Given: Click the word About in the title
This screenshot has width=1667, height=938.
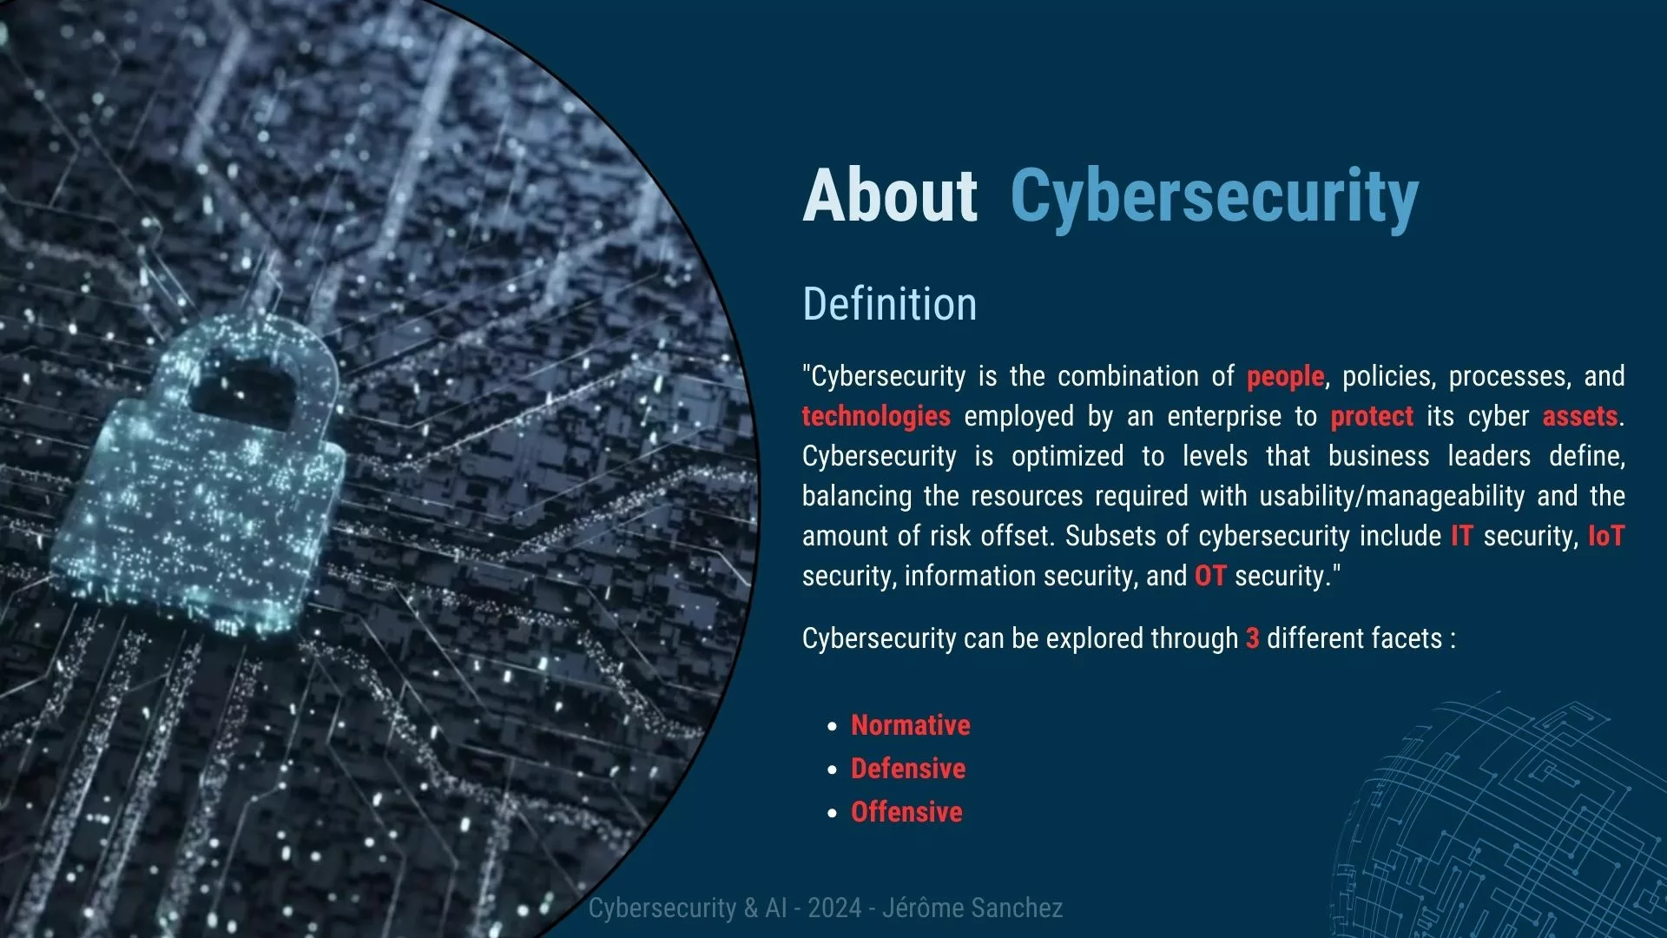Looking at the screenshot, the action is (890, 195).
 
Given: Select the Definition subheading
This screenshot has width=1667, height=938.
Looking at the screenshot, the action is (889, 304).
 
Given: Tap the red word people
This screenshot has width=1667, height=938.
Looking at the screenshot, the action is (1285, 377).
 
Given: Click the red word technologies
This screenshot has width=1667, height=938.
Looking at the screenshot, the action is (876, 417).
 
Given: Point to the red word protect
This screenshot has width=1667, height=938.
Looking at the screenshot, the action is (1372, 417).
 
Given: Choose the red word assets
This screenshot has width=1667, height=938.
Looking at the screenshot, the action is (1580, 417).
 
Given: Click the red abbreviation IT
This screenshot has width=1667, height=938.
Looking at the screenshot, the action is (1462, 536).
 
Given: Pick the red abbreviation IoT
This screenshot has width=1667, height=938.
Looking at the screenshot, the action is (1606, 536).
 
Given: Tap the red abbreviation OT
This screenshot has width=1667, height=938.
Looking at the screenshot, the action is (1210, 576).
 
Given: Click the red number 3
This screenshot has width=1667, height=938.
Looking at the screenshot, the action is (1252, 638).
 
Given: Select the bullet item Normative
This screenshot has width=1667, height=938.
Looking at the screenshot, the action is (910, 725).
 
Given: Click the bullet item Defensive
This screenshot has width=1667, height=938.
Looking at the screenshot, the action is (908, 769).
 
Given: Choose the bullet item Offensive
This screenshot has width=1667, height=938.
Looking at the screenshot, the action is (906, 812).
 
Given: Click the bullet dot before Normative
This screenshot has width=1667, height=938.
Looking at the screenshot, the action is (833, 726).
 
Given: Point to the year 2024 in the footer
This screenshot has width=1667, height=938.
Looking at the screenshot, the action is (834, 908).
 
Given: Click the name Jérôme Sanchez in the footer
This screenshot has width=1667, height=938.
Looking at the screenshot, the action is (972, 908).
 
